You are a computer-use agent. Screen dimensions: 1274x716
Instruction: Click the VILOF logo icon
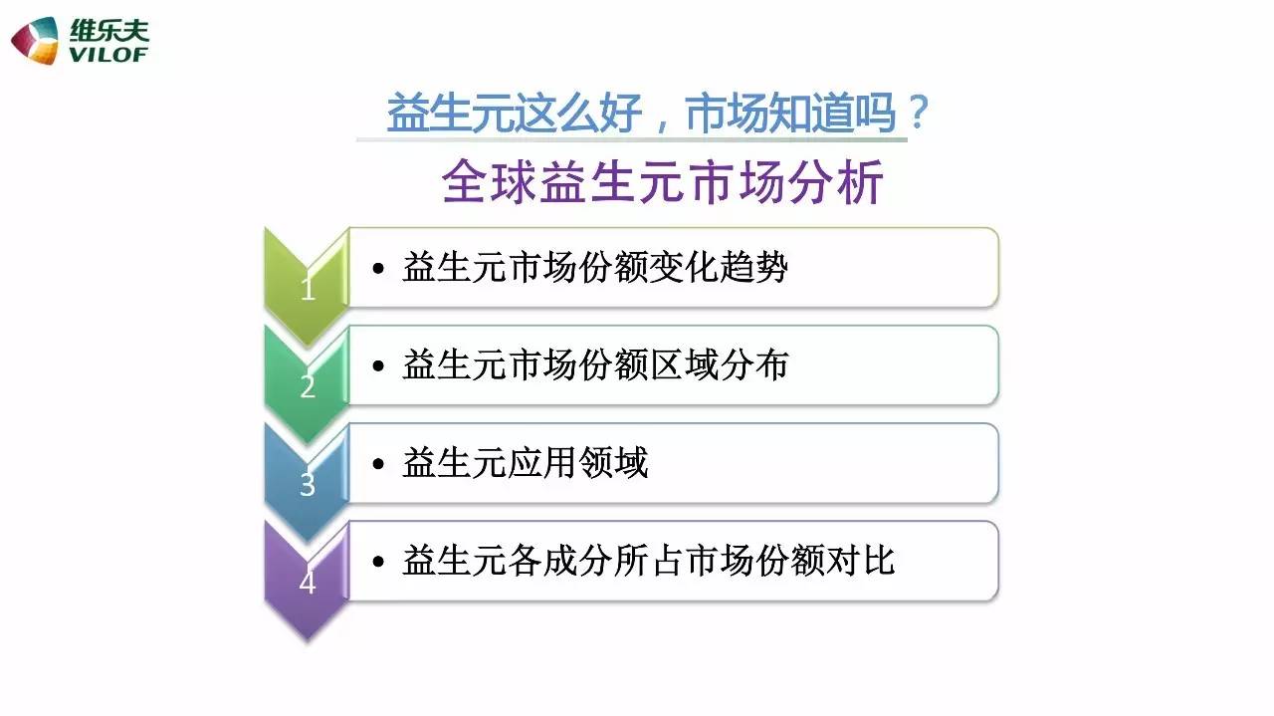pos(35,41)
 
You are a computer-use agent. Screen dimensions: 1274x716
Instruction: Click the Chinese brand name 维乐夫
pos(109,31)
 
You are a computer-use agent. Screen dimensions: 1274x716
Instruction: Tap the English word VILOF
pos(108,55)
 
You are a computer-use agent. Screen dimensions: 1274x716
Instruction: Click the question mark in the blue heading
pos(918,113)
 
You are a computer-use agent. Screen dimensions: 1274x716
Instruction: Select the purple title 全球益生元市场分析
pos(662,182)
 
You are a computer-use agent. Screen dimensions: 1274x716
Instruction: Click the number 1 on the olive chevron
pos(308,289)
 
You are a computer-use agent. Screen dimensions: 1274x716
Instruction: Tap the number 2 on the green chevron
pos(308,386)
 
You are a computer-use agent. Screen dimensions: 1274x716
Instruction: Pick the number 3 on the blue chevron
pos(308,484)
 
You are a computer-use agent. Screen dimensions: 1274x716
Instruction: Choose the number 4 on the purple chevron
pos(308,583)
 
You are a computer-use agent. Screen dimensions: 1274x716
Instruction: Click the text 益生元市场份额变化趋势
pos(595,268)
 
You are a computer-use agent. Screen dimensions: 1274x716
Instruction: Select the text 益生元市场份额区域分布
pos(595,365)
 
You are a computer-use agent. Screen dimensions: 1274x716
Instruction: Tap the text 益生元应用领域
pos(525,463)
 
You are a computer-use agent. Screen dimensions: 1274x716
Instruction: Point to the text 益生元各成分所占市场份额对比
pos(648,562)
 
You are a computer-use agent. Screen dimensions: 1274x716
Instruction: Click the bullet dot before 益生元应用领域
pos(378,464)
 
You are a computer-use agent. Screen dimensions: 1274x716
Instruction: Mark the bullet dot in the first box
pos(378,269)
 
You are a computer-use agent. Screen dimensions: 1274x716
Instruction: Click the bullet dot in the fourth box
pos(378,563)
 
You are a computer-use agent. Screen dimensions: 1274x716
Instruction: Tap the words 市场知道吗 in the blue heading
pos(791,113)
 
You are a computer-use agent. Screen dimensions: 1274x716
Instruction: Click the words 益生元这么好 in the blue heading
pos(515,113)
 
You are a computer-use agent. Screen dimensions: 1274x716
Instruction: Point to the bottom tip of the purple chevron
pos(308,641)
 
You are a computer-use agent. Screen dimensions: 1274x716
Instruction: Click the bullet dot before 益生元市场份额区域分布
pos(378,366)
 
